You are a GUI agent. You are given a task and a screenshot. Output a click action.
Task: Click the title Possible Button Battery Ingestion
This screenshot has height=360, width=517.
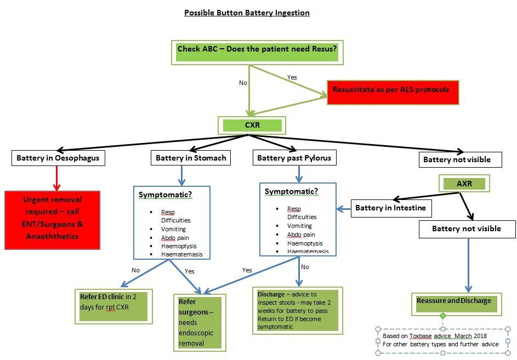(247, 13)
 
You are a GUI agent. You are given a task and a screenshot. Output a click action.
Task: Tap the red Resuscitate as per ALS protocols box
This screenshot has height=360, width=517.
(393, 90)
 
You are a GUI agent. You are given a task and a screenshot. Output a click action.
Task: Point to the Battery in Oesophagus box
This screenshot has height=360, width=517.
(58, 158)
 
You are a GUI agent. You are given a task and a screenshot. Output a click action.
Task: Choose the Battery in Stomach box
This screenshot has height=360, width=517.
(191, 158)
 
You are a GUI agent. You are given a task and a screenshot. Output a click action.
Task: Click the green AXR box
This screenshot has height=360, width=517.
(464, 184)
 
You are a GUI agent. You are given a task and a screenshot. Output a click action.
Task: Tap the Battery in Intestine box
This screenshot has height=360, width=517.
(390, 208)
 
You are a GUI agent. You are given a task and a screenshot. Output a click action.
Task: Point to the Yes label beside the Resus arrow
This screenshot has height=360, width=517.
(292, 77)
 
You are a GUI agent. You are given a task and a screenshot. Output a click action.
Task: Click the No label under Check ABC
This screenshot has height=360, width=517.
(243, 83)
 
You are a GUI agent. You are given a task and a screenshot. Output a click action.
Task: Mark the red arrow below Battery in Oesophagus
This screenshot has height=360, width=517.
(56, 178)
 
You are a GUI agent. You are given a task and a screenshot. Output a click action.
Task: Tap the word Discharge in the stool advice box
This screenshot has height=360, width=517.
(271, 294)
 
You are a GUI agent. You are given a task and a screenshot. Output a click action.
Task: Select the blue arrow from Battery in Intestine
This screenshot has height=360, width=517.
(344, 208)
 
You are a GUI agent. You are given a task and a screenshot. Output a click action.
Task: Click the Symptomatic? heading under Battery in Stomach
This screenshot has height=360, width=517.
(166, 195)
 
